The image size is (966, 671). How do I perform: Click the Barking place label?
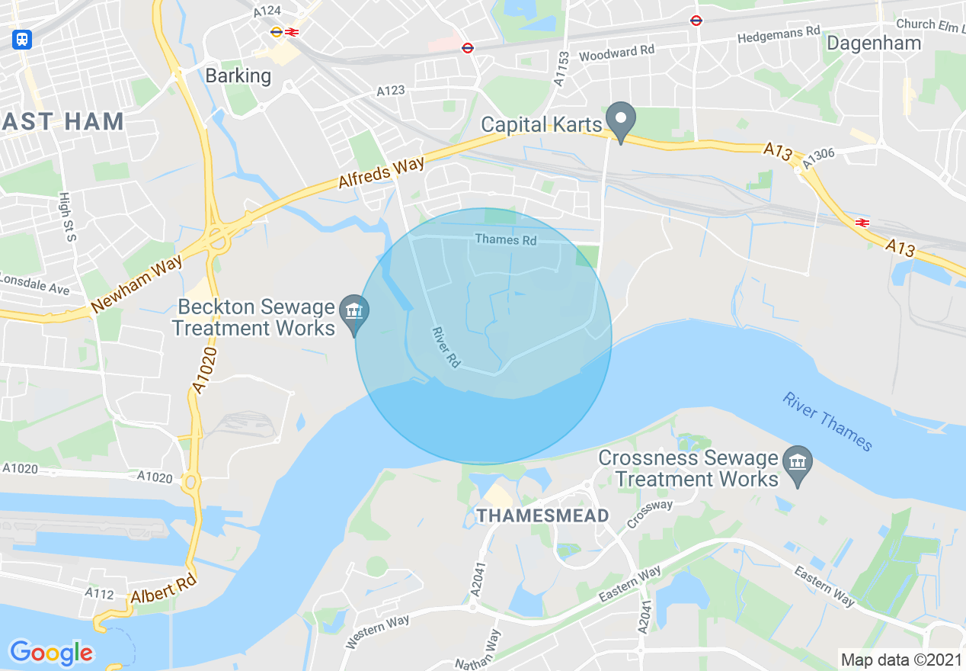pos(238,75)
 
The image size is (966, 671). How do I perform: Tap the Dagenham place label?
pos(874,43)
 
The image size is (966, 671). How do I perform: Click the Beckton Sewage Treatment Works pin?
pos(354,312)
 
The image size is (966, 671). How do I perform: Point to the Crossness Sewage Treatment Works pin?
pos(798,463)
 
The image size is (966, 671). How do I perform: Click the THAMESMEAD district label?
pos(542,516)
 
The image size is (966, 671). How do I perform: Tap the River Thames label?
pos(827,422)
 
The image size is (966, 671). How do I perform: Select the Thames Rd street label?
pos(506,239)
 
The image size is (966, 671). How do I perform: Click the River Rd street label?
pos(446,348)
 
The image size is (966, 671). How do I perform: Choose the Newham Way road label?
pos(137,284)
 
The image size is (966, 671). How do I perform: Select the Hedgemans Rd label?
pos(778,34)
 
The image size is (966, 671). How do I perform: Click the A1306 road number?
pos(819,155)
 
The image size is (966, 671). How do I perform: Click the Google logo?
pos(51,653)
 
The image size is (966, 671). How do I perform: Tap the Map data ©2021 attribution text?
pos(900,659)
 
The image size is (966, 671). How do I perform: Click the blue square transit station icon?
pos(22,40)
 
